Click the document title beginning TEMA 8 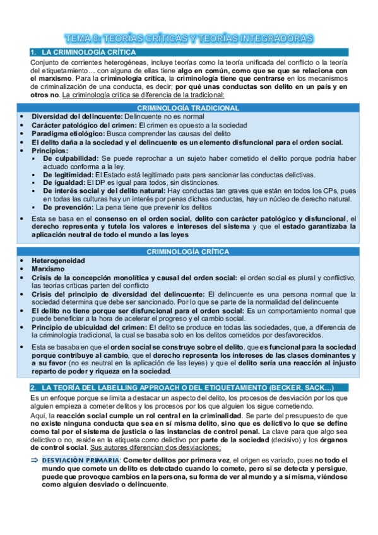tap(189, 38)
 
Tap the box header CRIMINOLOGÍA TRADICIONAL tap(189, 109)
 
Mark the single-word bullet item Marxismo tap(48, 268)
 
